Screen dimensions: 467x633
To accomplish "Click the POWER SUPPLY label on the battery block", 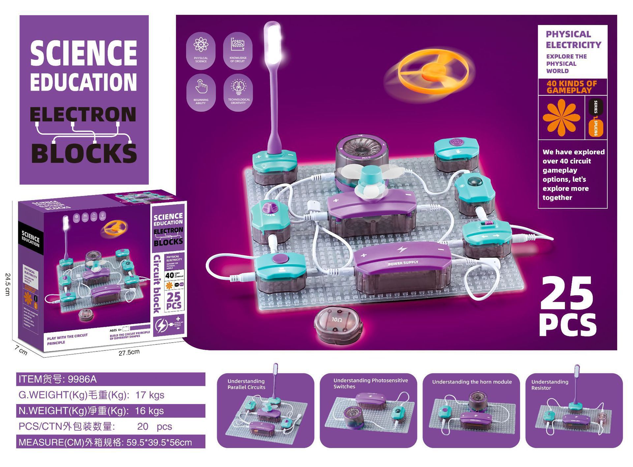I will click(403, 263).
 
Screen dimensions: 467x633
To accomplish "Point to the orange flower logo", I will click(561, 117).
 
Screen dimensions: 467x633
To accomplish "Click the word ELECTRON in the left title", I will click(83, 115).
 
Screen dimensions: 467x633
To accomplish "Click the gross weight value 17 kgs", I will click(150, 395).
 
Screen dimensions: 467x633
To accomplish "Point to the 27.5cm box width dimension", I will click(129, 352).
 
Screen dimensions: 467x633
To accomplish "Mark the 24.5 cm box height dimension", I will click(8, 284).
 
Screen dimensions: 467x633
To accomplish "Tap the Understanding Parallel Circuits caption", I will click(246, 384).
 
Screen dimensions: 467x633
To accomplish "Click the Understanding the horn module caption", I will click(472, 382).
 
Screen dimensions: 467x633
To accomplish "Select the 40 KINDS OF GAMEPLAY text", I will click(572, 87).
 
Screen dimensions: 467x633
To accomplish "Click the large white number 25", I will click(566, 293).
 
